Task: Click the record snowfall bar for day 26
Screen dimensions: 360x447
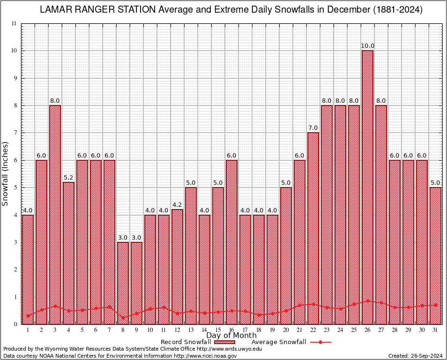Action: [367, 187]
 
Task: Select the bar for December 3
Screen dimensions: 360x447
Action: [55, 211]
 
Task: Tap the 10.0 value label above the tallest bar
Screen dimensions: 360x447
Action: [367, 46]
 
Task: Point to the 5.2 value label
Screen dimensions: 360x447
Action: [68, 178]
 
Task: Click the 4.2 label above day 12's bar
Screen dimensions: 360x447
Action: [177, 205]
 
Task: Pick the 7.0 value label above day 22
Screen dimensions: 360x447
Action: [313, 128]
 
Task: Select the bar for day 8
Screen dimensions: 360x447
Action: [123, 281]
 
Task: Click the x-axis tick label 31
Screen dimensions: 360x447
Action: [435, 330]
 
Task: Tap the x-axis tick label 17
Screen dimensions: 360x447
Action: [245, 330]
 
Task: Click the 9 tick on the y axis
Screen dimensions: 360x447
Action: [15, 78]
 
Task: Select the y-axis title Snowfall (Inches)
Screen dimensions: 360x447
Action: [6, 173]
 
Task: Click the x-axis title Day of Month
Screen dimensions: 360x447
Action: [231, 335]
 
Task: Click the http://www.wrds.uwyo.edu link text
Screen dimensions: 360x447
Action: [229, 349]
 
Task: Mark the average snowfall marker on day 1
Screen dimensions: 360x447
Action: [28, 316]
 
